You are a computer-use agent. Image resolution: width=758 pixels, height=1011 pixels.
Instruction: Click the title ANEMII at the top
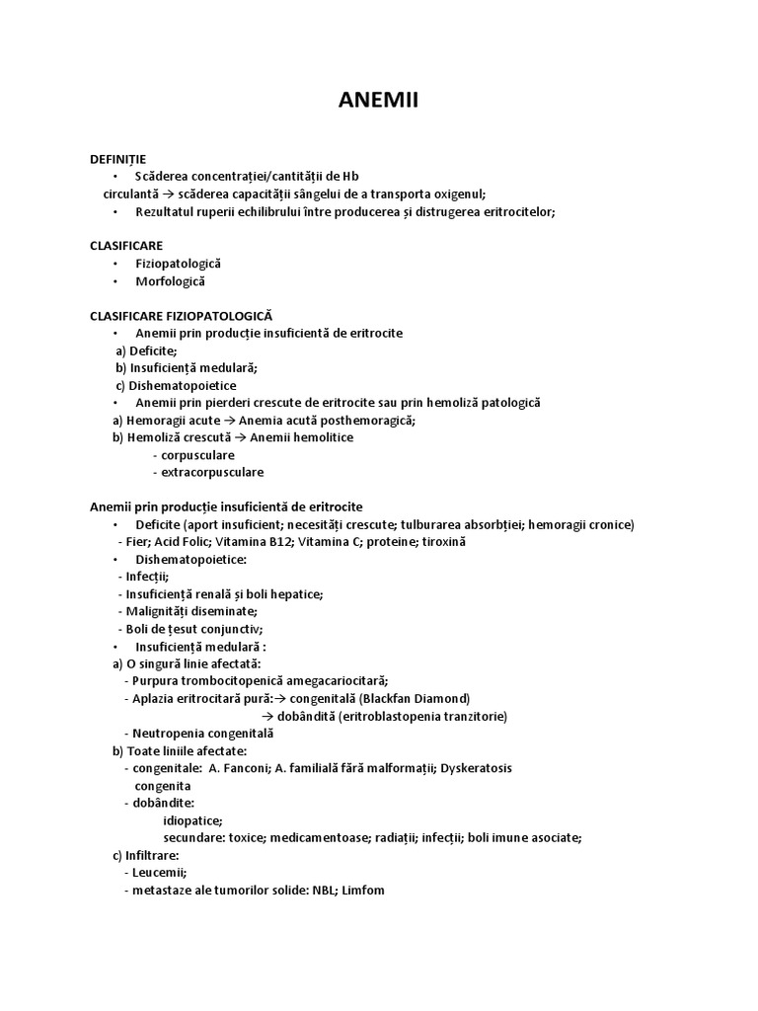378,101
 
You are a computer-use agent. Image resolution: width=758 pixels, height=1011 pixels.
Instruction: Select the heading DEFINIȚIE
117,158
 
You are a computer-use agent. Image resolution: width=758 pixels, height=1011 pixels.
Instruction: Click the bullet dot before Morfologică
115,281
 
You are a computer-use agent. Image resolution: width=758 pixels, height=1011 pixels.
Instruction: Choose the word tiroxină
440,542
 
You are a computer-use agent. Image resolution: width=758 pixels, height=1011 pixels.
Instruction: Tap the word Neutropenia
166,734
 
